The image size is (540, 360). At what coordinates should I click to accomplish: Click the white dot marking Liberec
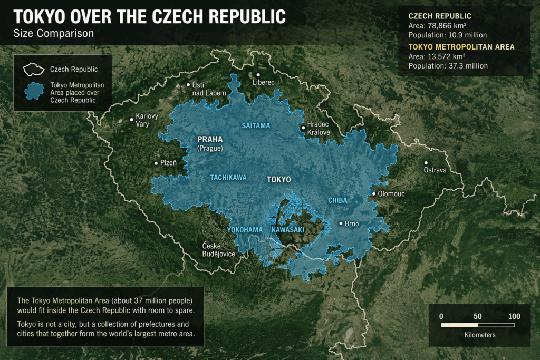coord(258,75)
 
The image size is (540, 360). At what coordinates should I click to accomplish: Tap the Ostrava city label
coord(435,170)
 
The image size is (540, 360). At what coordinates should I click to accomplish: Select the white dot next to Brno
coord(341,223)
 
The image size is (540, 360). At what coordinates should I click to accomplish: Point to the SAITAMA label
coord(256,126)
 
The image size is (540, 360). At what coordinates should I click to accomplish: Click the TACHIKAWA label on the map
coord(228,178)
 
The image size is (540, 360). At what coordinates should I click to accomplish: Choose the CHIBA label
coord(337,200)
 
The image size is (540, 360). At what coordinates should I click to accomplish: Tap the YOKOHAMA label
coord(245,230)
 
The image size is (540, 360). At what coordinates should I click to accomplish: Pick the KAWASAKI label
coord(288,230)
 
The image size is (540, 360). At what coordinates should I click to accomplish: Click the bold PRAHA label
coord(210,140)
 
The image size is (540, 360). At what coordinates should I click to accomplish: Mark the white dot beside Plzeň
coord(156,163)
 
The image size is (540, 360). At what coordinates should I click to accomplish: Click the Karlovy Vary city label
coord(147,120)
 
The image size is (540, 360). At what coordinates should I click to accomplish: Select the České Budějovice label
coord(218,250)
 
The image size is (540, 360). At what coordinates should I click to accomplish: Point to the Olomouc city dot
coord(374,193)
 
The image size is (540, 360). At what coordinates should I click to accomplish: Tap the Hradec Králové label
coord(319,128)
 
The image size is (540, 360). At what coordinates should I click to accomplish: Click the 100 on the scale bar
coord(514,316)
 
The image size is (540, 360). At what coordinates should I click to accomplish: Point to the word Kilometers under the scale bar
coord(480,335)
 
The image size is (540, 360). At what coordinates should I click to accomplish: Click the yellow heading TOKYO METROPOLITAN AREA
coord(461,47)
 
